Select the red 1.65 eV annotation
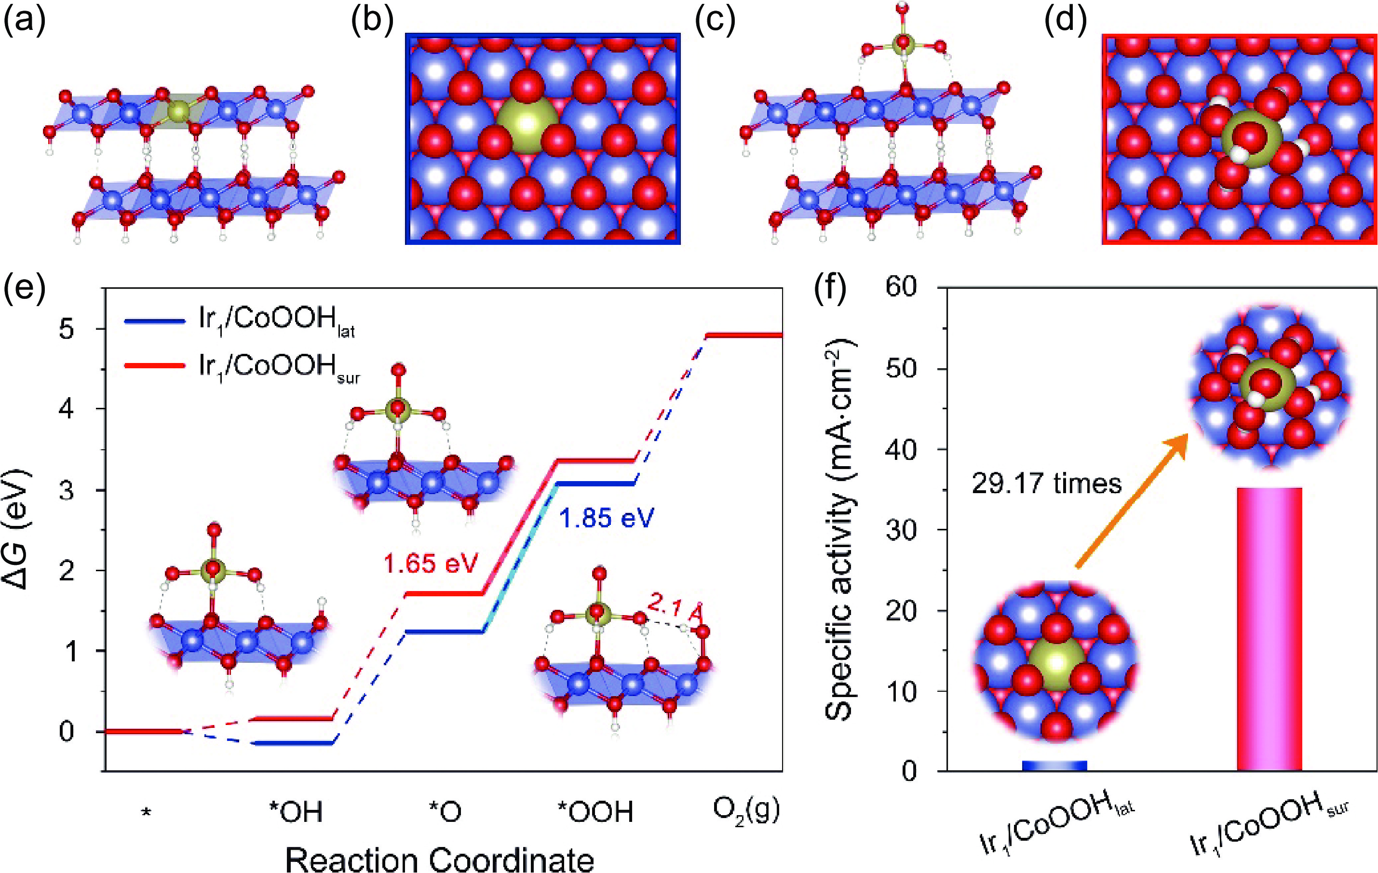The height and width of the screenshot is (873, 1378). pyautogui.click(x=431, y=564)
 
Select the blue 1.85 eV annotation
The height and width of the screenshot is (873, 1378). pyautogui.click(x=606, y=518)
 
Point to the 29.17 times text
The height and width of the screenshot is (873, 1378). pyautogui.click(x=1047, y=484)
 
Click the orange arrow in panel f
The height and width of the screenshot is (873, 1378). pyautogui.click(x=1130, y=500)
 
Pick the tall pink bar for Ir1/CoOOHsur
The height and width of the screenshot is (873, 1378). pyautogui.click(x=1269, y=629)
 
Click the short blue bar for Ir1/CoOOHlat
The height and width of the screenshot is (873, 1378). pyautogui.click(x=1054, y=766)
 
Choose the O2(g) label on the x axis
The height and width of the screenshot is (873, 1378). pyautogui.click(x=746, y=811)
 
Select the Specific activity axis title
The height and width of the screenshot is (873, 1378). pyautogui.click(x=840, y=529)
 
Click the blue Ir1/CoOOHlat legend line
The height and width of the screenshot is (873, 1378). pyautogui.click(x=154, y=322)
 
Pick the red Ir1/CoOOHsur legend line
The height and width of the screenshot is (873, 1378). pyautogui.click(x=154, y=365)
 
